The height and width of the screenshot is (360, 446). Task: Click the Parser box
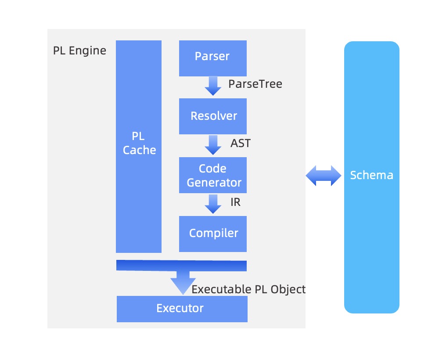(x=212, y=58)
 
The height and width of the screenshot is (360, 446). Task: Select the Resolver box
(x=212, y=116)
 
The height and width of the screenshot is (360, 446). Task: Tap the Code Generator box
(x=212, y=175)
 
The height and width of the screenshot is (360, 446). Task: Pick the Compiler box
(x=212, y=233)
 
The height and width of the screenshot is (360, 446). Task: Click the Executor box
(x=182, y=309)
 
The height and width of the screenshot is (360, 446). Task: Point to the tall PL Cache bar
(x=139, y=146)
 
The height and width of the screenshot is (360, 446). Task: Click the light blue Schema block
(x=371, y=177)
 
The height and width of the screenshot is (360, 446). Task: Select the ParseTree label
(x=255, y=84)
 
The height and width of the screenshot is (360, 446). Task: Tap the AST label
(x=241, y=143)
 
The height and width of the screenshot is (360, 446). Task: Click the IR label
(x=236, y=202)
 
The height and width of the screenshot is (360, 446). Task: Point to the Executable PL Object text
(x=248, y=289)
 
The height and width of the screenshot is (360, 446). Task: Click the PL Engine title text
(x=79, y=50)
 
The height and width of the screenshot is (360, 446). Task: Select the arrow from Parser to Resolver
(x=213, y=86)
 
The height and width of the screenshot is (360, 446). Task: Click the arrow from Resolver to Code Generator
(x=213, y=145)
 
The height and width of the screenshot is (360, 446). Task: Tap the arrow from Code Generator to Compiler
(x=213, y=204)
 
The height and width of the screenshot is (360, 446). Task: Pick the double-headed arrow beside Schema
(x=324, y=176)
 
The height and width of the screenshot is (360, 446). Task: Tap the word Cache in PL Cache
(x=139, y=150)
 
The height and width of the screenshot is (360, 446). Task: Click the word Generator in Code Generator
(x=214, y=182)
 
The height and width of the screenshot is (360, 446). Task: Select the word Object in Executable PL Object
(x=288, y=289)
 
